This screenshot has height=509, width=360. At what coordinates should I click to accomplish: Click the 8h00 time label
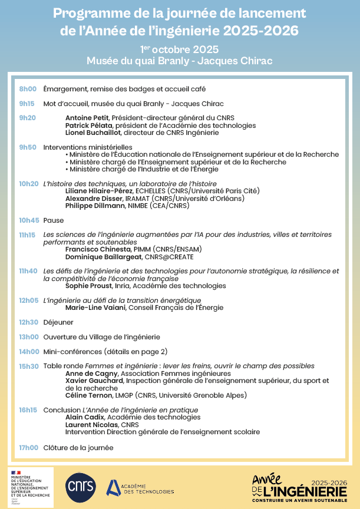click(x=28, y=89)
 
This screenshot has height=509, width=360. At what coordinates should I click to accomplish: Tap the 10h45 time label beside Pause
click(x=29, y=220)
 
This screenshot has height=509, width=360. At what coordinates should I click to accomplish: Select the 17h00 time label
click(x=28, y=448)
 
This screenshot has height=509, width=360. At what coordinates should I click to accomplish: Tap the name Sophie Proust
click(x=89, y=286)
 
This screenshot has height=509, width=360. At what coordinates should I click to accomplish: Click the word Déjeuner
click(x=58, y=322)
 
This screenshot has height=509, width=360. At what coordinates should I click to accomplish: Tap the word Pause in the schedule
click(x=54, y=220)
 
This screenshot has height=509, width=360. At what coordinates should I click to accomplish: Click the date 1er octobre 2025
click(x=180, y=49)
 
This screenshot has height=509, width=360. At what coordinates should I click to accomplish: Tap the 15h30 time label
click(x=28, y=366)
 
